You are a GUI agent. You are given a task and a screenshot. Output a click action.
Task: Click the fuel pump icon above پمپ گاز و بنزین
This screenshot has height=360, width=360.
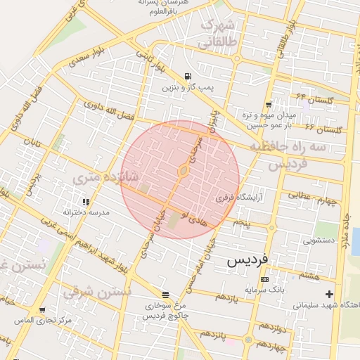[x=187, y=77]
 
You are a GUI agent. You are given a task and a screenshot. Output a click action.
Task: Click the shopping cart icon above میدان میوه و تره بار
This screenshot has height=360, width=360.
[x=269, y=104]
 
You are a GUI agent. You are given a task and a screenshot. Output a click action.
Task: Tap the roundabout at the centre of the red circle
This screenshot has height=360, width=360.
[x=183, y=171]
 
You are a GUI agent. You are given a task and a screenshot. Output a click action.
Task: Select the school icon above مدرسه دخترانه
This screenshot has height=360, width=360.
[x=86, y=202]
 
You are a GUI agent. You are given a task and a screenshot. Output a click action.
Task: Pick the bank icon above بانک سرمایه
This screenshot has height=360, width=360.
[x=264, y=279]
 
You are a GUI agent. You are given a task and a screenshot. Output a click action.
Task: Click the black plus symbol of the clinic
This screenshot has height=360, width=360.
[x=328, y=293]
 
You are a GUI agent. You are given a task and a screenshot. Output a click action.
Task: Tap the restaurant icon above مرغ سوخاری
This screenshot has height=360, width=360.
[x=165, y=295]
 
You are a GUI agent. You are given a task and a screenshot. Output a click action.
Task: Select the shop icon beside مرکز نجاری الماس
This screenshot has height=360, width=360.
[x=41, y=309]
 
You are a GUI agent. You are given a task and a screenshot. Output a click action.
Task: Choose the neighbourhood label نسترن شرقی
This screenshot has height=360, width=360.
[x=98, y=292]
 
